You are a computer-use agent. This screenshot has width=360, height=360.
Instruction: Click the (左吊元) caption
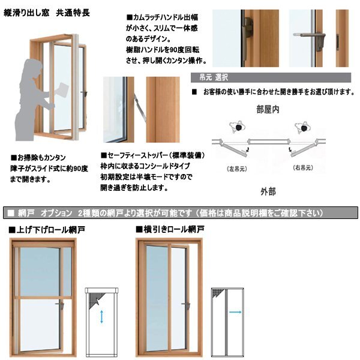[237, 169]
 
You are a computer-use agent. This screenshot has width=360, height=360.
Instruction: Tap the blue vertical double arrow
[101, 317]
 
